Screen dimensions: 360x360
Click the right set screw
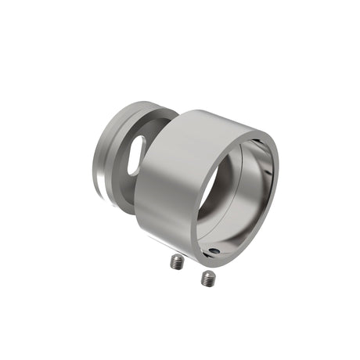[x=207, y=278]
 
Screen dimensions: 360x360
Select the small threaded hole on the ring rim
[x=214, y=251]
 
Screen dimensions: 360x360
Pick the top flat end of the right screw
[x=208, y=273]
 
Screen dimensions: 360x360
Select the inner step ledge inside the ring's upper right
[x=262, y=153]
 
